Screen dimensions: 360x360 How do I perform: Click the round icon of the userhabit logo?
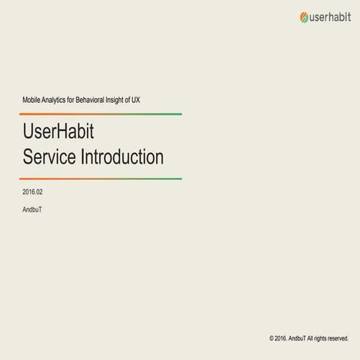[304, 16]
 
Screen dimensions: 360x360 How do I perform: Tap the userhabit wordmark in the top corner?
[328, 16]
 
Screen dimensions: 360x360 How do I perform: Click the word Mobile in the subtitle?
[34, 100]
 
